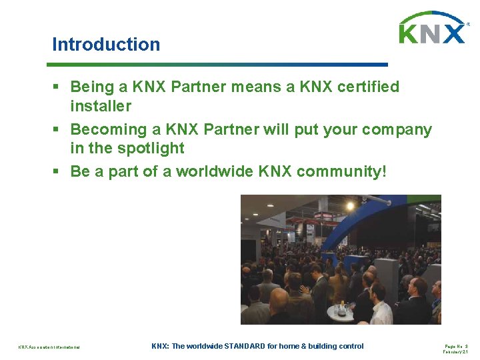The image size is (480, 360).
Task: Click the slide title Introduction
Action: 106,45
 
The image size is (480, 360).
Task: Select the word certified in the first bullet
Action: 369,87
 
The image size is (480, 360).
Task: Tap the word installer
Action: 101,106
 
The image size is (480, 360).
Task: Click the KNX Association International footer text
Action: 49,347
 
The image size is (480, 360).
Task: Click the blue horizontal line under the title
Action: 217,65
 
